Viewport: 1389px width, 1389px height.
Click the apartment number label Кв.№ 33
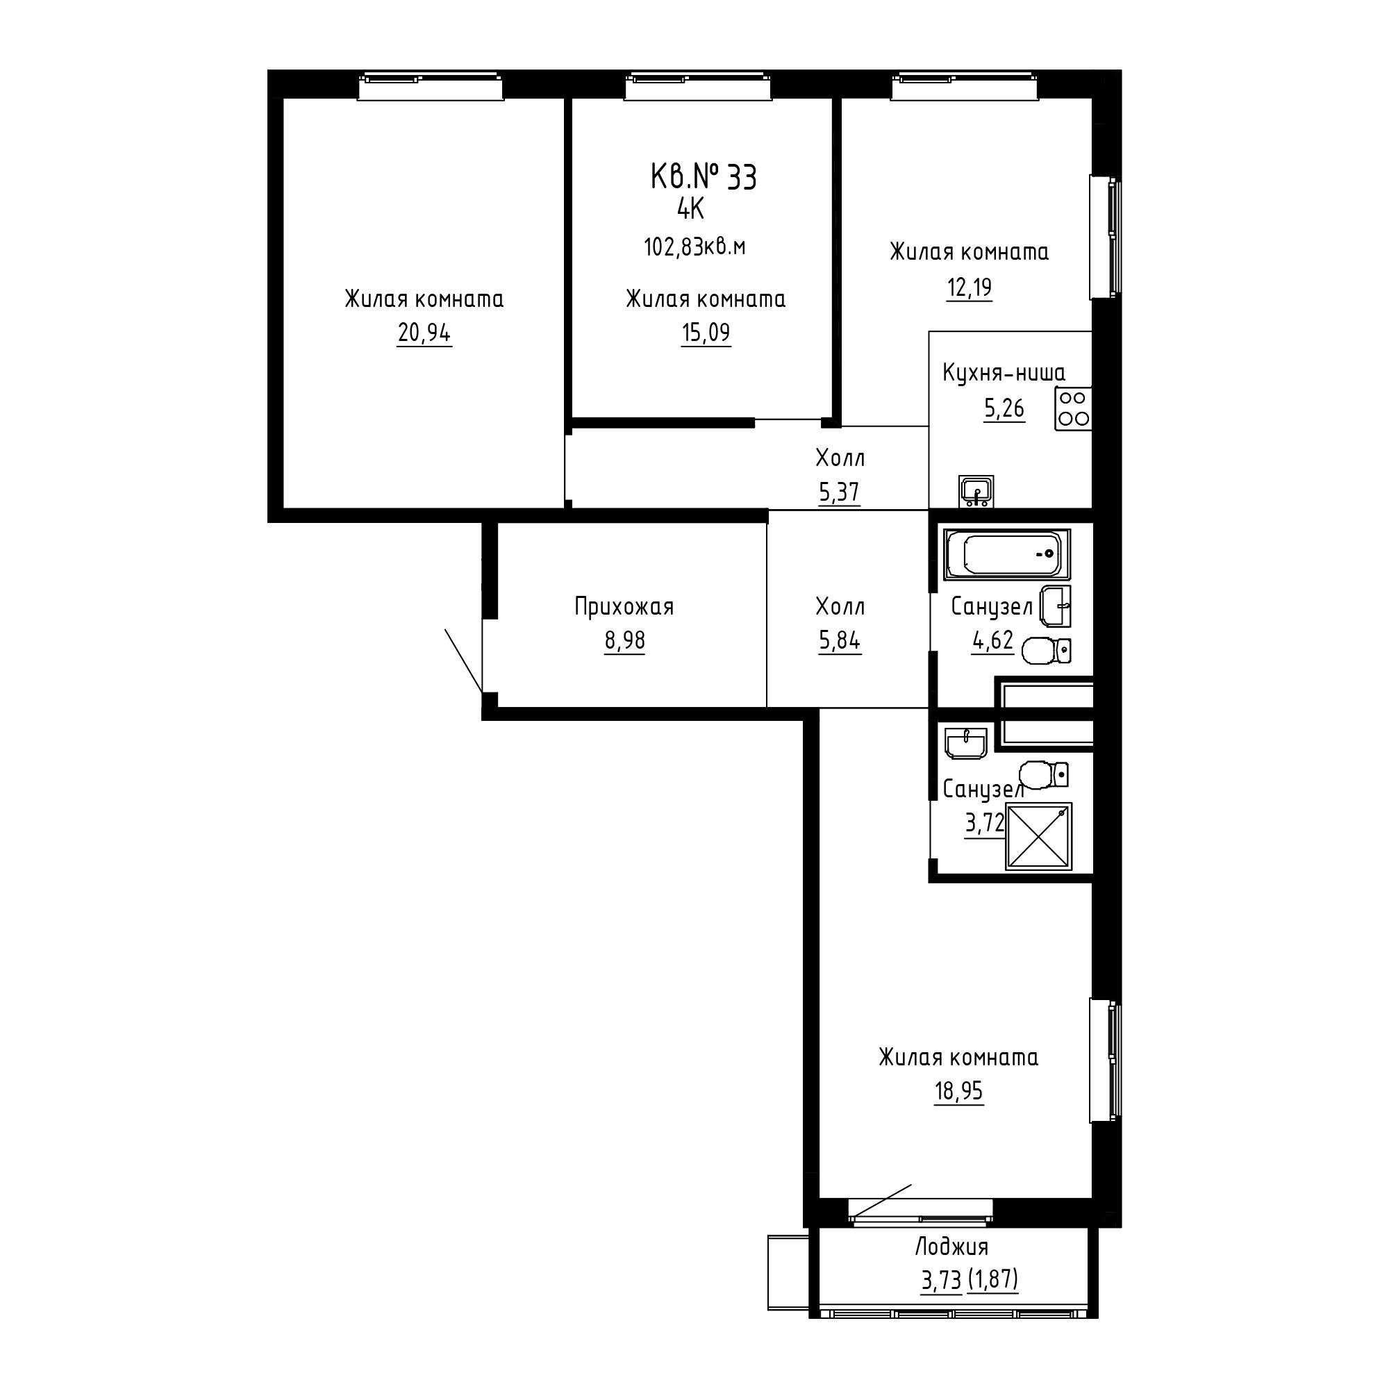(x=703, y=177)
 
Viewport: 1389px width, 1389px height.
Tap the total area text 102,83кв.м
(x=694, y=247)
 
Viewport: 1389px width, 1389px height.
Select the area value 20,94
(x=424, y=333)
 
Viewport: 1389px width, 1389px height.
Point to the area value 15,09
(x=706, y=333)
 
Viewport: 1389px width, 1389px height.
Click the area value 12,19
(x=969, y=288)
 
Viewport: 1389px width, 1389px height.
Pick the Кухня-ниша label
(x=1004, y=373)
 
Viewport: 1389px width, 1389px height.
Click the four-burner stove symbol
(x=1074, y=408)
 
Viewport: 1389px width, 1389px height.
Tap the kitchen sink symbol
(x=976, y=492)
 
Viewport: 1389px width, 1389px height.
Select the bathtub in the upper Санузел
(x=1007, y=554)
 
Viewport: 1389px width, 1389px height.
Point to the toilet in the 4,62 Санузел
(x=1046, y=651)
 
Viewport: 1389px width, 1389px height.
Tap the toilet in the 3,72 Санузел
(x=1044, y=774)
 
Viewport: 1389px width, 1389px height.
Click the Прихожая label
(x=624, y=607)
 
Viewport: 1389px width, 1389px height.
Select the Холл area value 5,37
(x=839, y=492)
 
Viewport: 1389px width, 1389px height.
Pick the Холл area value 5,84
(x=839, y=640)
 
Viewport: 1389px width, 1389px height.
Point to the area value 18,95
(x=958, y=1090)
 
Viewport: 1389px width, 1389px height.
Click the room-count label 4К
(x=690, y=209)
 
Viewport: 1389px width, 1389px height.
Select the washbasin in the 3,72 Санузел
(x=966, y=742)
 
